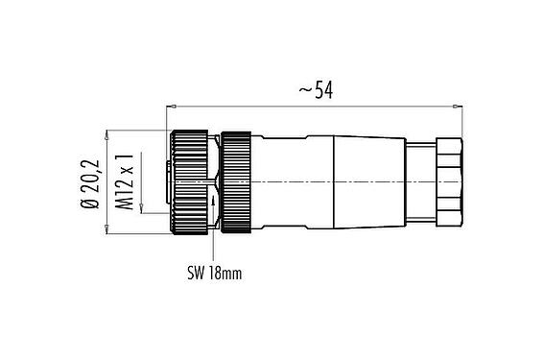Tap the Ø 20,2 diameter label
[89, 180]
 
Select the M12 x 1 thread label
[124, 180]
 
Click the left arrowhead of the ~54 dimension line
[173, 103]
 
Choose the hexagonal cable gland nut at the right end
[449, 180]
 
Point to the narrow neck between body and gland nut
[420, 180]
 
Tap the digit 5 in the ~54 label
[317, 90]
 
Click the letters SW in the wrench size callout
[196, 273]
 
